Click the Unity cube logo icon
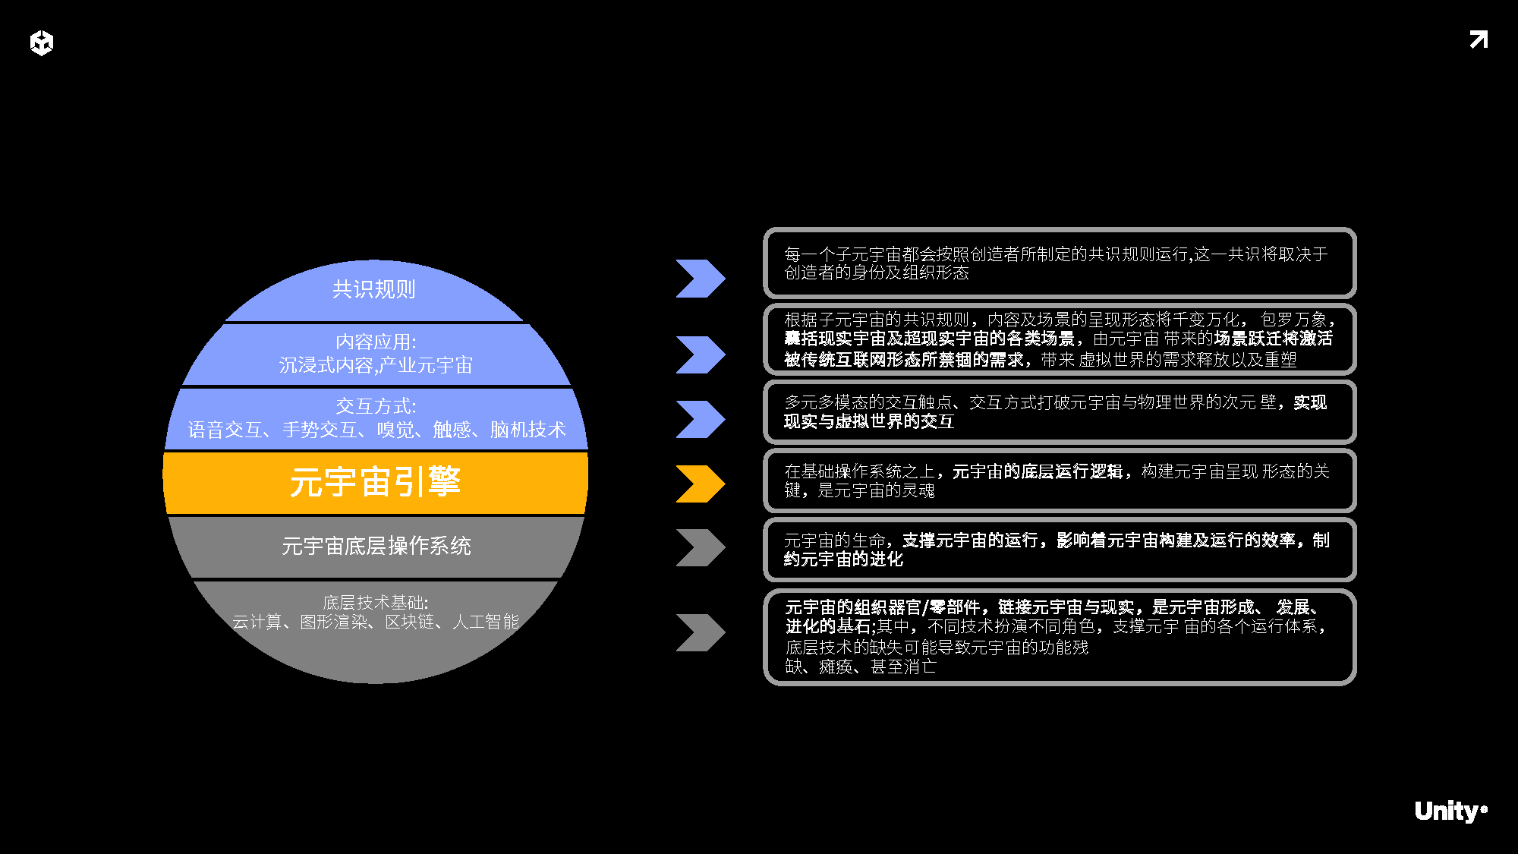tap(42, 43)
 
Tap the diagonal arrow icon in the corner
tap(1479, 39)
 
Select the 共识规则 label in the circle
tap(374, 289)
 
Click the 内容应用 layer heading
tap(376, 342)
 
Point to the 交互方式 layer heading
tap(376, 406)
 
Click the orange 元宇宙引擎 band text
tap(376, 482)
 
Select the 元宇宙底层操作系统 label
tap(376, 546)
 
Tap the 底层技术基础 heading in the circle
tap(376, 603)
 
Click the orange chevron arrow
tap(700, 484)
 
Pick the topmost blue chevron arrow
tap(700, 279)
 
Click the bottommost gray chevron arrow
tap(700, 632)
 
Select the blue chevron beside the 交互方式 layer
tap(700, 419)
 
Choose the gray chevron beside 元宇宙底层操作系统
tap(700, 547)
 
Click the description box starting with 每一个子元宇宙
tap(1060, 263)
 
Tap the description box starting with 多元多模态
tap(1060, 411)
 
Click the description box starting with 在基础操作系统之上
tap(1060, 481)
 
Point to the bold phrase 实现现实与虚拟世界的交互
tap(869, 421)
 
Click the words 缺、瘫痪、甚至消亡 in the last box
tap(861, 666)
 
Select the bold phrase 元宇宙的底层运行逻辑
tap(1037, 471)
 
